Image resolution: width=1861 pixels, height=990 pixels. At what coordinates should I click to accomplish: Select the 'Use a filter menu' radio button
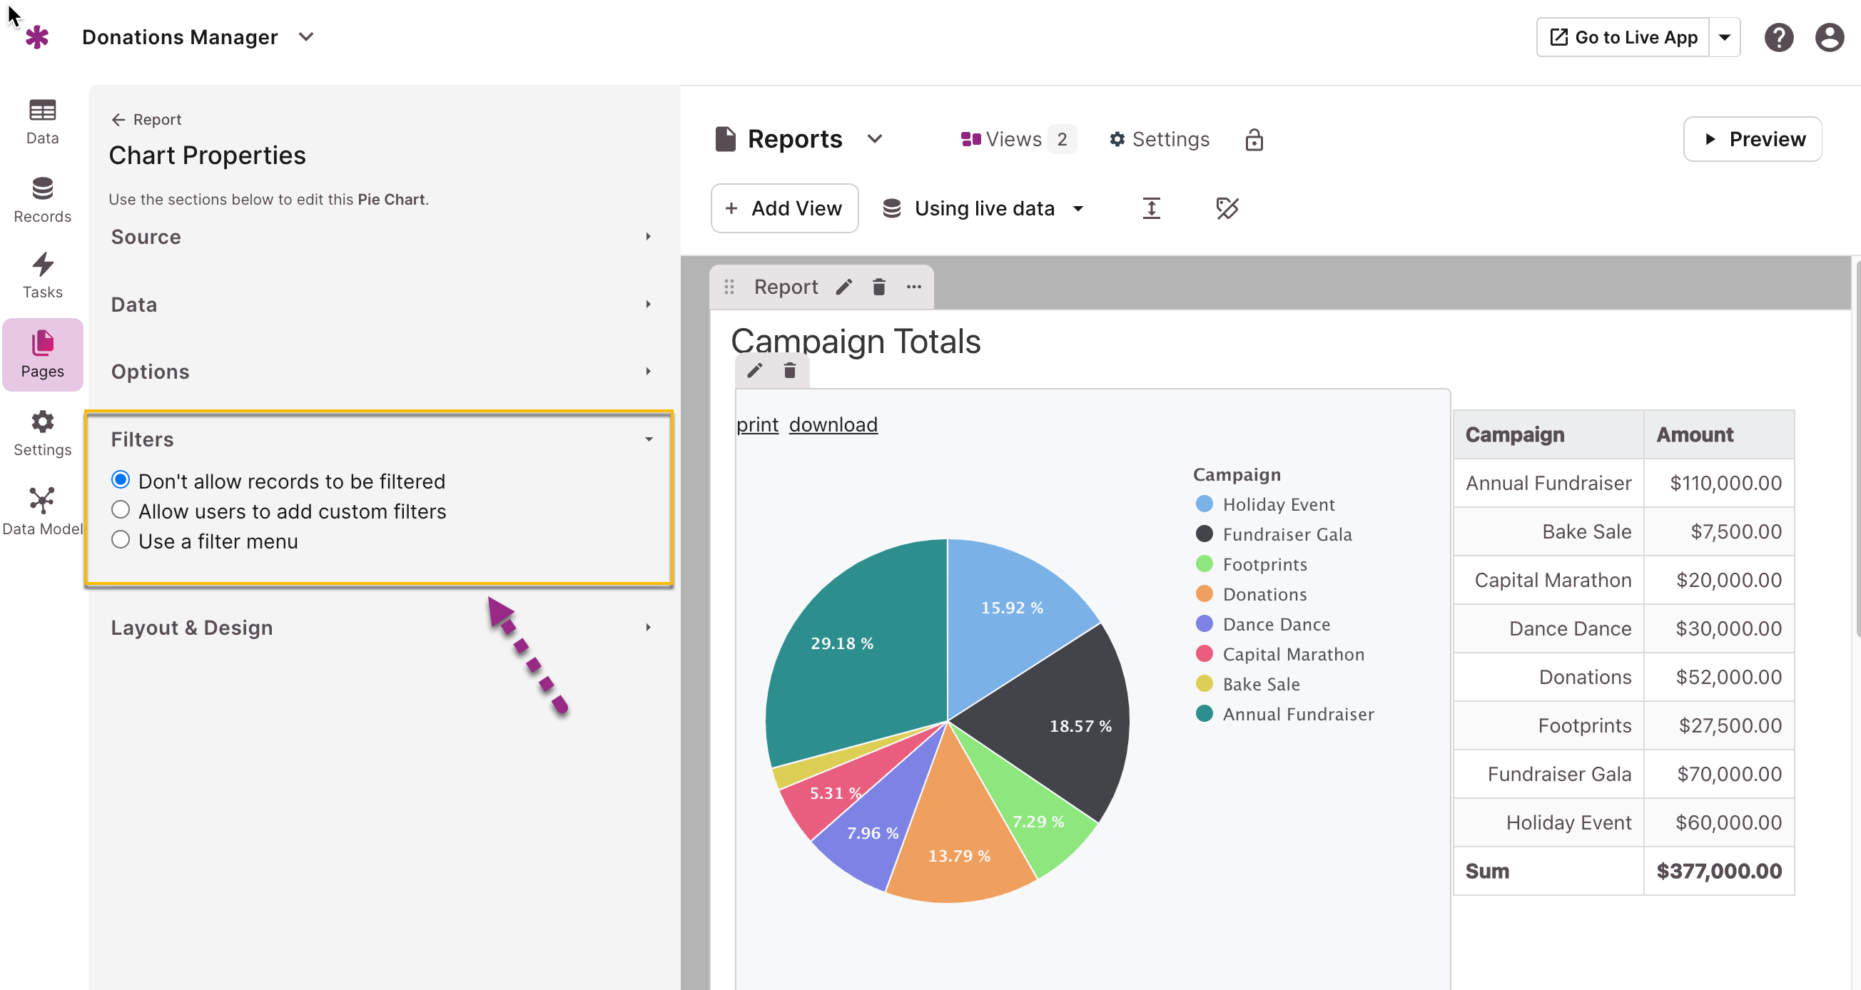tap(121, 540)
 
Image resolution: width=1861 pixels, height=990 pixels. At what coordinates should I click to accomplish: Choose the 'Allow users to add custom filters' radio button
tap(121, 510)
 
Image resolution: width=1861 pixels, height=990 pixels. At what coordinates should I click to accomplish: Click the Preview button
tap(1752, 138)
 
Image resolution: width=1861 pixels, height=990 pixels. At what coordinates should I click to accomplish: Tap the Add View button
tap(784, 208)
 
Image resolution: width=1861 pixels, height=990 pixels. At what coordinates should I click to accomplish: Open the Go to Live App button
tap(1623, 37)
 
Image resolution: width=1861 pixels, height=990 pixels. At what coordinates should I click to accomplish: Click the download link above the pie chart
tap(833, 424)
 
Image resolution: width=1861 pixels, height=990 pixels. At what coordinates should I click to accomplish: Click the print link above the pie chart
tap(757, 424)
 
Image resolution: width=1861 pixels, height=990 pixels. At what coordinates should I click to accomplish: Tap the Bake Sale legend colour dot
tap(1205, 684)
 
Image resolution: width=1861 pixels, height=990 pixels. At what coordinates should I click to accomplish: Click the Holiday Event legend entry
tap(1265, 504)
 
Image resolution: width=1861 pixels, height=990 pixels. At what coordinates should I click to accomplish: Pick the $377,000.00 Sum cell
tap(1719, 871)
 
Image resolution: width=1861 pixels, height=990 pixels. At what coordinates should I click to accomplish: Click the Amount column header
tap(1694, 434)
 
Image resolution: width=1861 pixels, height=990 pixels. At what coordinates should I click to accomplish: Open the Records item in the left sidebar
tap(43, 200)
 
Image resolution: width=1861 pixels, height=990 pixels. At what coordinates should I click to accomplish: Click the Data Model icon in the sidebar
tap(43, 500)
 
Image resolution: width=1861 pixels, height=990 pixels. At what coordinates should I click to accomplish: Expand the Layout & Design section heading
tap(191, 628)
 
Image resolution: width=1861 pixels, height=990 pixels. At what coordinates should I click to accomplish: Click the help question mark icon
tap(1779, 37)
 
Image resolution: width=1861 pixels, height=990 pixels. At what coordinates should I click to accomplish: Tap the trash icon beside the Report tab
tap(878, 287)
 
